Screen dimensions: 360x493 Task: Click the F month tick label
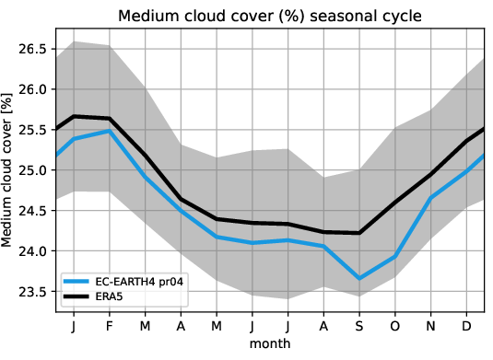pyautogui.click(x=111, y=327)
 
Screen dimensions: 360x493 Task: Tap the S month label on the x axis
pyautogui.click(x=359, y=327)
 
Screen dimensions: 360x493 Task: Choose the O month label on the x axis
pyautogui.click(x=396, y=327)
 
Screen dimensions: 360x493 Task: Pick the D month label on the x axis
pyautogui.click(x=467, y=327)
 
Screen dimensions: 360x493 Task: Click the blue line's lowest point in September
pyautogui.click(x=359, y=278)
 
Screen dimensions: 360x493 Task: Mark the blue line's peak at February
pyautogui.click(x=111, y=131)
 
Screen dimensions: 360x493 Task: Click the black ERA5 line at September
pyautogui.click(x=359, y=233)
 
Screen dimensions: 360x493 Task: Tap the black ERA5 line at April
pyautogui.click(x=182, y=199)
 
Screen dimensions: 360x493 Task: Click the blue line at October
pyautogui.click(x=396, y=256)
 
